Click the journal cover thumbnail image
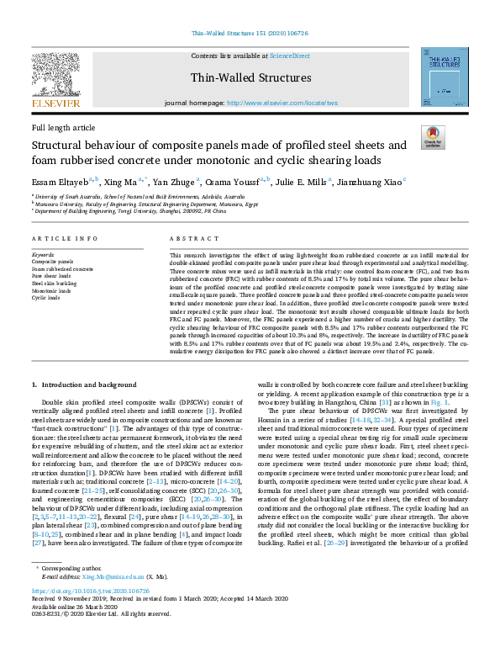[x=445, y=77]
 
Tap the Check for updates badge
[x=433, y=138]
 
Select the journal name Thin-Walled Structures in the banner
[x=251, y=78]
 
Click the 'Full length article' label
[x=63, y=128]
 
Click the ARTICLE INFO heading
[x=63, y=240]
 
